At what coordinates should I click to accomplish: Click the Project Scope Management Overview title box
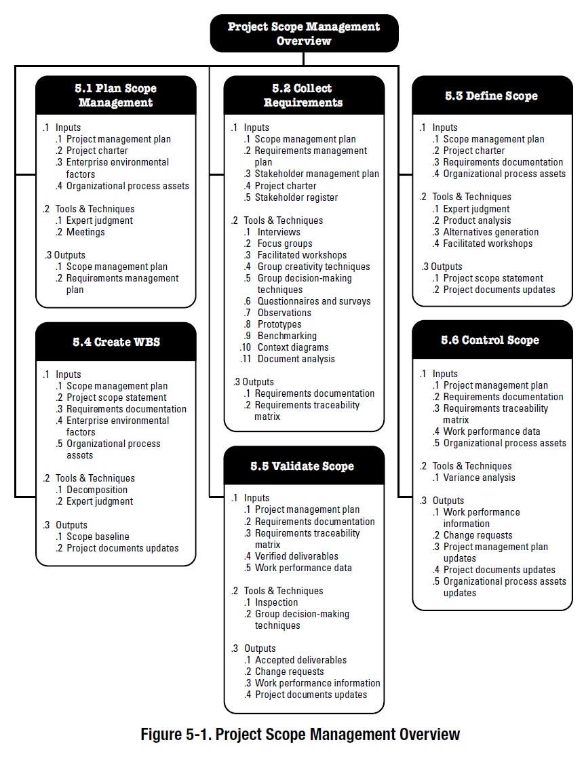pyautogui.click(x=304, y=33)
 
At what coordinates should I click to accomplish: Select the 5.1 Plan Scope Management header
pyautogui.click(x=115, y=96)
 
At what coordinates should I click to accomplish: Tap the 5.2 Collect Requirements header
pyautogui.click(x=303, y=96)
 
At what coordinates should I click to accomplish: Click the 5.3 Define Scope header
pyautogui.click(x=492, y=96)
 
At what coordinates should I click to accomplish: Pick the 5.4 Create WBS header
pyautogui.click(x=117, y=342)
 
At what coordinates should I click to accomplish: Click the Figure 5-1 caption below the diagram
pyautogui.click(x=300, y=734)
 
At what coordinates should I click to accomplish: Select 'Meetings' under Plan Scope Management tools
pyautogui.click(x=85, y=232)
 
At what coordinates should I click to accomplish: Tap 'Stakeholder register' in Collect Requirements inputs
pyautogui.click(x=296, y=197)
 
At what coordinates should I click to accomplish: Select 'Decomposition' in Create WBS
pyautogui.click(x=97, y=490)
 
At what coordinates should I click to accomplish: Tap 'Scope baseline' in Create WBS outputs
pyautogui.click(x=98, y=537)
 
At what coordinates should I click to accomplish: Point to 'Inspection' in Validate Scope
pyautogui.click(x=276, y=602)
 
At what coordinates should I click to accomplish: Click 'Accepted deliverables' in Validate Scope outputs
pyautogui.click(x=300, y=660)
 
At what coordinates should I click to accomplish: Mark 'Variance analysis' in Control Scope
pyautogui.click(x=480, y=478)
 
